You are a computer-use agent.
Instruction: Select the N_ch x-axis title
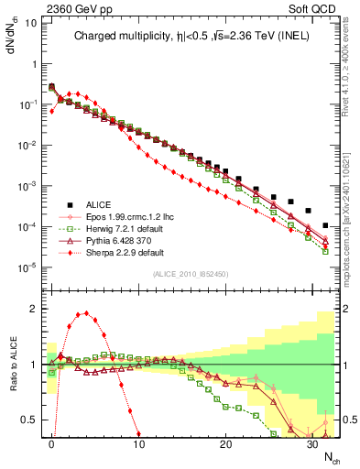click(324, 455)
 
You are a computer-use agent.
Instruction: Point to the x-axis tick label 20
click(225, 442)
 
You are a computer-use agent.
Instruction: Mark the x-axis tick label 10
click(138, 442)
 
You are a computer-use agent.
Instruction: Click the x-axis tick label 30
click(312, 442)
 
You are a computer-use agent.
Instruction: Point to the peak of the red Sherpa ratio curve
click(86, 312)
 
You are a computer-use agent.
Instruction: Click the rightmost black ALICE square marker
click(326, 225)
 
